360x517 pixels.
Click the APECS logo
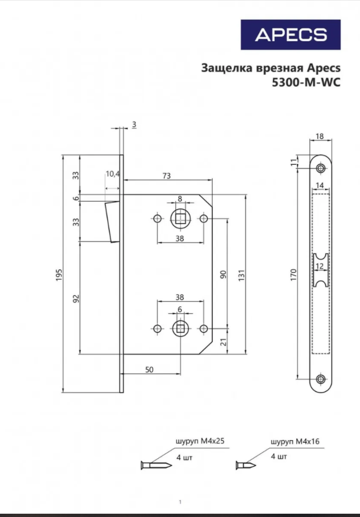pos(291,35)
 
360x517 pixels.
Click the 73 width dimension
pos(167,176)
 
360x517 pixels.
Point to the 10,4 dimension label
pos(113,174)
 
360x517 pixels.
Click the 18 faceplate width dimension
pos(320,136)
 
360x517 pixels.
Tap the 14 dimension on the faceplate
pos(320,185)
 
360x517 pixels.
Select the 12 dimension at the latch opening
pos(320,266)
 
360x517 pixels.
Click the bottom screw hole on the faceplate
pos(320,380)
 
